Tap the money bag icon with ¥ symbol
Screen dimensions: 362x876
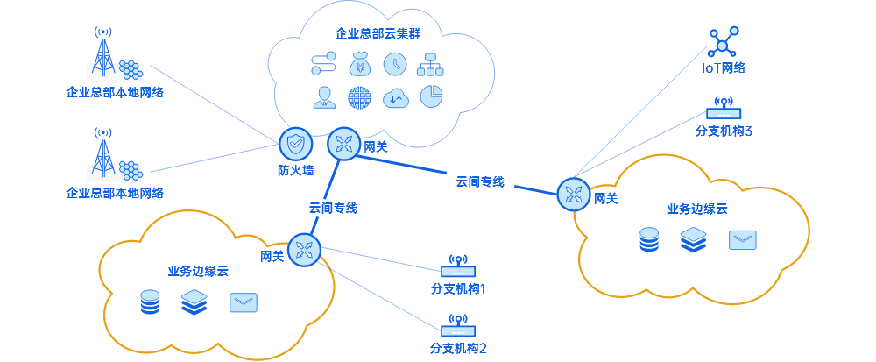point(360,63)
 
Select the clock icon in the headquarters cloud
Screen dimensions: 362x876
point(395,63)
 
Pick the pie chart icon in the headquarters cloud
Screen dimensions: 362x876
point(431,96)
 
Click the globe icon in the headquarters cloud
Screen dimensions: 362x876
point(359,97)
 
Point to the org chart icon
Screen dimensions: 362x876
point(430,63)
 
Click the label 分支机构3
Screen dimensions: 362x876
point(724,131)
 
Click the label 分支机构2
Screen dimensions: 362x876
point(458,348)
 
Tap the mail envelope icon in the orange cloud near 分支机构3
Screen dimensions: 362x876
point(742,240)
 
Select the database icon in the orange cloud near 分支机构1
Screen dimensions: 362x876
point(151,302)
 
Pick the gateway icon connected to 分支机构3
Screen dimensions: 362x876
point(574,193)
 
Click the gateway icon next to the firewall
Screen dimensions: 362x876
point(343,145)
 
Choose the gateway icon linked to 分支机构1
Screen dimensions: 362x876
point(304,250)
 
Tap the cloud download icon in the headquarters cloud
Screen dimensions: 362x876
point(396,97)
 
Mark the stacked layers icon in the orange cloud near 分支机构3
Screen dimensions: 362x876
point(693,239)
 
